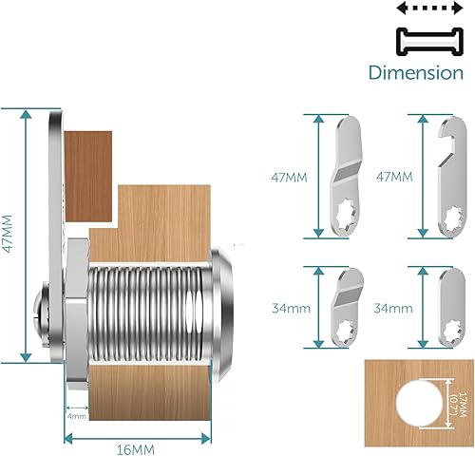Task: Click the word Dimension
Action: (x=415, y=73)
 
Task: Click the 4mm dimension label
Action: (x=76, y=414)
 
